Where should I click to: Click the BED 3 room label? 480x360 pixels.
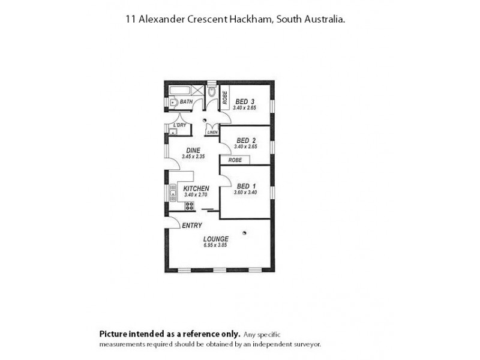[x=245, y=101]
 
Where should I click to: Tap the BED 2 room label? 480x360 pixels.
[x=246, y=141]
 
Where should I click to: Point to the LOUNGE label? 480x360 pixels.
[x=217, y=239]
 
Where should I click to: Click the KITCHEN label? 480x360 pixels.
[x=196, y=188]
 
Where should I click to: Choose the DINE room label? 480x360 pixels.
[x=193, y=150]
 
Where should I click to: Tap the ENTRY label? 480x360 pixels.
[x=192, y=226]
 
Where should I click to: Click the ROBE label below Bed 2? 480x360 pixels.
[x=235, y=160]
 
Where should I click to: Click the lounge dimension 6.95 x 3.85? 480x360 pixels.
[x=217, y=245]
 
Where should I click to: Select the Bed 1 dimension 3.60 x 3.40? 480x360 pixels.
[x=246, y=192]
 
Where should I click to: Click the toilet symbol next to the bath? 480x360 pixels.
[x=211, y=93]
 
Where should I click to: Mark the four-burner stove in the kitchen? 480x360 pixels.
[x=190, y=206]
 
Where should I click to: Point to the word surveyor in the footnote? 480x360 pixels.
[x=308, y=344]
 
